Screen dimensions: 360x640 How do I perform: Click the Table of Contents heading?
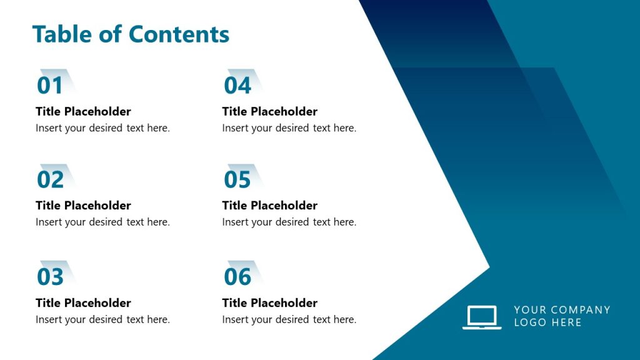pos(131,34)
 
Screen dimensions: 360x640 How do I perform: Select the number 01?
pos(50,86)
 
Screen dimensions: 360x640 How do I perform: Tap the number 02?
pos(50,180)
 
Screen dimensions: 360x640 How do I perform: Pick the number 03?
pos(50,277)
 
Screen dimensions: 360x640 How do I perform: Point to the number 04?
pos(237,86)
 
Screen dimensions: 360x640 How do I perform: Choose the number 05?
pos(237,180)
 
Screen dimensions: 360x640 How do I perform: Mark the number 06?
pos(237,277)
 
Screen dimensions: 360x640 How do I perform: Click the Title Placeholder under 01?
pos(83,112)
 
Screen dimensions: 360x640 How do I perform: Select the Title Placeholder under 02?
pos(83,206)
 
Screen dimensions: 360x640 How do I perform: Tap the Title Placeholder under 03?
pos(83,303)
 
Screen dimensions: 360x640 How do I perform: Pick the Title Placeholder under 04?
pos(270,112)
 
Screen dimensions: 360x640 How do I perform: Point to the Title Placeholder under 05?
pos(270,206)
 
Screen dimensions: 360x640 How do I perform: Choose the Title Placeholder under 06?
pos(270,303)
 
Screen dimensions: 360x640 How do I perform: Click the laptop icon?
pos(481,317)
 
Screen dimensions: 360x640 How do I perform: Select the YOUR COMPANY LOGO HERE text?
pos(561,316)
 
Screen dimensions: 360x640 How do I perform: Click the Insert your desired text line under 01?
pos(102,128)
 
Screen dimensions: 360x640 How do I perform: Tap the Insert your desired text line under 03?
pos(102,319)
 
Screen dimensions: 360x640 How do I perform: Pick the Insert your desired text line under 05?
pos(289,222)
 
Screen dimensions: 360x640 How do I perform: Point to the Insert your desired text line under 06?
pos(289,319)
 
